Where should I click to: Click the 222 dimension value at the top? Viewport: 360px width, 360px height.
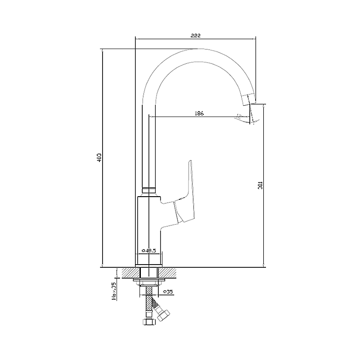click(x=195, y=35)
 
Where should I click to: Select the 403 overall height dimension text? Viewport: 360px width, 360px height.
click(x=100, y=157)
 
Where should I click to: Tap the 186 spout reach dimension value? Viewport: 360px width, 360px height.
click(x=199, y=113)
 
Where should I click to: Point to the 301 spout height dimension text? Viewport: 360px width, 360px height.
click(x=261, y=185)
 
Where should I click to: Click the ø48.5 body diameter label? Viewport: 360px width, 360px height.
click(x=148, y=250)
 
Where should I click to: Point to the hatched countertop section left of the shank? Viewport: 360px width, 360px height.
click(x=130, y=273)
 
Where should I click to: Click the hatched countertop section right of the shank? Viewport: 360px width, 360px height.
click(x=166, y=273)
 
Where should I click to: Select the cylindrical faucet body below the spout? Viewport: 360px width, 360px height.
click(x=148, y=225)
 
